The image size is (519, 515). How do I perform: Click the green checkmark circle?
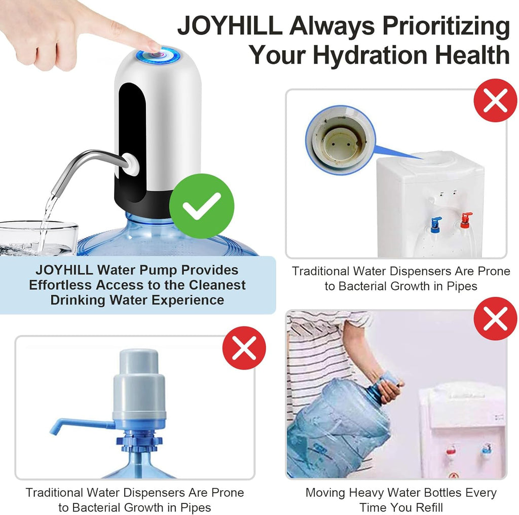(x=202, y=206)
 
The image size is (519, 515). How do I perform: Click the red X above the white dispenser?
(x=495, y=101)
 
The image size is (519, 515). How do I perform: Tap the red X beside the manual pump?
(x=244, y=348)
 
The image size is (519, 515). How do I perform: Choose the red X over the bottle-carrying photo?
(x=495, y=319)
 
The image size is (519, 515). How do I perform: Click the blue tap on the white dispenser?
(x=435, y=224)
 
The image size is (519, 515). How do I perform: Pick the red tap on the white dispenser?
(x=465, y=220)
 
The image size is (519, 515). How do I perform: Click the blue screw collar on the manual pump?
(x=139, y=440)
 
